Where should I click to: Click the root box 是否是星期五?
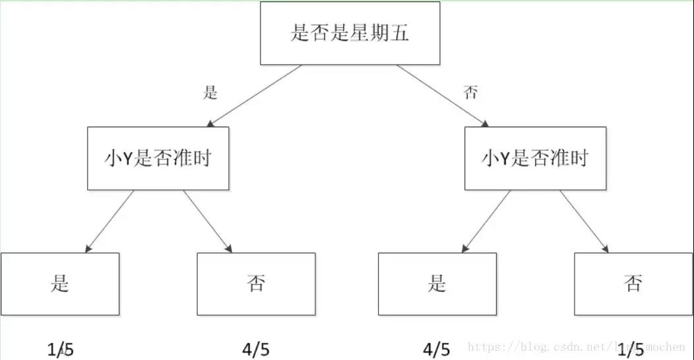point(350,34)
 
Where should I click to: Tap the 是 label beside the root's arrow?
point(210,92)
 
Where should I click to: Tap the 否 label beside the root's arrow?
point(470,92)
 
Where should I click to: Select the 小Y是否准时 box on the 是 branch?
point(158,158)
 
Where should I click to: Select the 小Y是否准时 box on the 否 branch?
point(535,158)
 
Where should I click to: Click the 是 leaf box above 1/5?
point(60,284)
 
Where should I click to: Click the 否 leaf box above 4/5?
point(256,284)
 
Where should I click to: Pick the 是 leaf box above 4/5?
point(437,284)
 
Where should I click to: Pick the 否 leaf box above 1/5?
point(633,284)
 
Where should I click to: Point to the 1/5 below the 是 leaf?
point(61,349)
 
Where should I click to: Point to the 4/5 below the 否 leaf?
point(257,349)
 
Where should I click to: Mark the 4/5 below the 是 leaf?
point(437,349)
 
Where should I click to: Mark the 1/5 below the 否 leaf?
point(632,349)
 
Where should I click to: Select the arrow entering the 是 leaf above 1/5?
point(110,222)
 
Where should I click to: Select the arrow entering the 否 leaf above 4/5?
point(208,222)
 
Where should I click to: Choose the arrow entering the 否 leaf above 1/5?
point(584,222)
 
